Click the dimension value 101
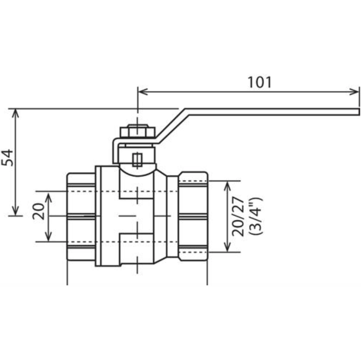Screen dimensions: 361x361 (x=260, y=82)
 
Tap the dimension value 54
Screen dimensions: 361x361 (x=7, y=157)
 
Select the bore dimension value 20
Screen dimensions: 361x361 (x=39, y=211)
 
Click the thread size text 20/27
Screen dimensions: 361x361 (x=238, y=216)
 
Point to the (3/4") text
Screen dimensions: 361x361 (x=256, y=216)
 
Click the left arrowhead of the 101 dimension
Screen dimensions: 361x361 (x=143, y=91)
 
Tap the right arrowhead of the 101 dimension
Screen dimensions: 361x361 (x=354, y=91)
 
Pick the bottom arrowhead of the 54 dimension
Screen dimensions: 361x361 (x=16, y=211)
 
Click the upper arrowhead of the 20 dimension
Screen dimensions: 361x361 (x=48, y=198)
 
